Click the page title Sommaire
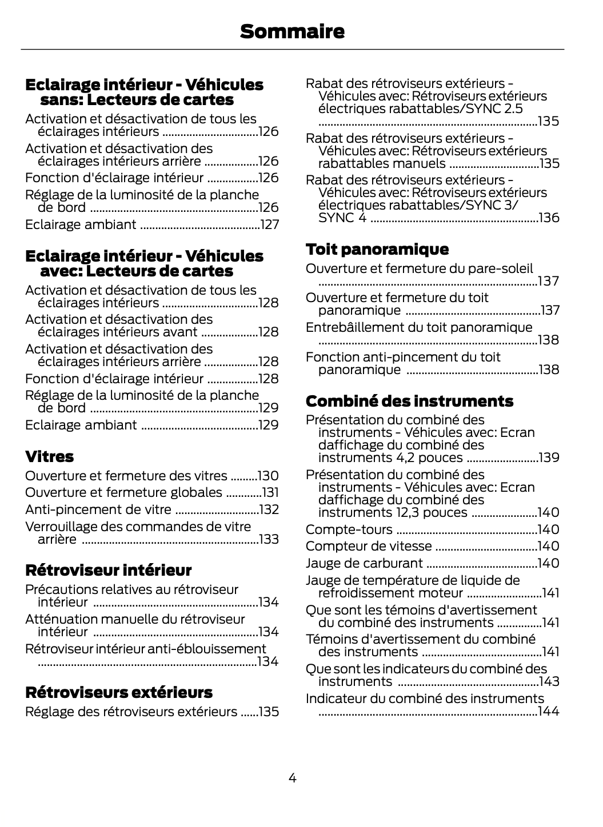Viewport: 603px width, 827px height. pyautogui.click(x=292, y=31)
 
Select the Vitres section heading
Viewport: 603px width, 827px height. pyautogui.click(x=50, y=456)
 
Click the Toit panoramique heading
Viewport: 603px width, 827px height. pyautogui.click(x=377, y=249)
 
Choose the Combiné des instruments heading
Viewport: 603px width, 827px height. pyautogui.click(x=409, y=401)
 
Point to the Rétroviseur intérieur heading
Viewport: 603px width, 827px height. pyautogui.click(x=109, y=570)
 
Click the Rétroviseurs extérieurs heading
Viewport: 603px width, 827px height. pyautogui.click(x=119, y=692)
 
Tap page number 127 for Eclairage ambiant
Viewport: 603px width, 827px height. pyautogui.click(x=270, y=224)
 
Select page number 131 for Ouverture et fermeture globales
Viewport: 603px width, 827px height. pyautogui.click(x=270, y=492)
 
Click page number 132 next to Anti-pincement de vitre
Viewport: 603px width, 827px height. pyautogui.click(x=269, y=509)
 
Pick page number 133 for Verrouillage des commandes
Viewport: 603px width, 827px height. pyautogui.click(x=269, y=539)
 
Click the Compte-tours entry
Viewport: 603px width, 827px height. pyautogui.click(x=349, y=529)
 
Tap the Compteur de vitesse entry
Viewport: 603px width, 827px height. pyautogui.click(x=369, y=546)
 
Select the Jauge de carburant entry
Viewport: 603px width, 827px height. pyautogui.click(x=364, y=563)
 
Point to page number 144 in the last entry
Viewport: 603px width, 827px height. pyautogui.click(x=549, y=711)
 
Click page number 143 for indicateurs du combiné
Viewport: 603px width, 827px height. pyautogui.click(x=549, y=681)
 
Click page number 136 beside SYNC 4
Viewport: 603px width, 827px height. pyautogui.click(x=549, y=218)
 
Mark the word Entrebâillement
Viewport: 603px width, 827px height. pyautogui.click(x=353, y=327)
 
